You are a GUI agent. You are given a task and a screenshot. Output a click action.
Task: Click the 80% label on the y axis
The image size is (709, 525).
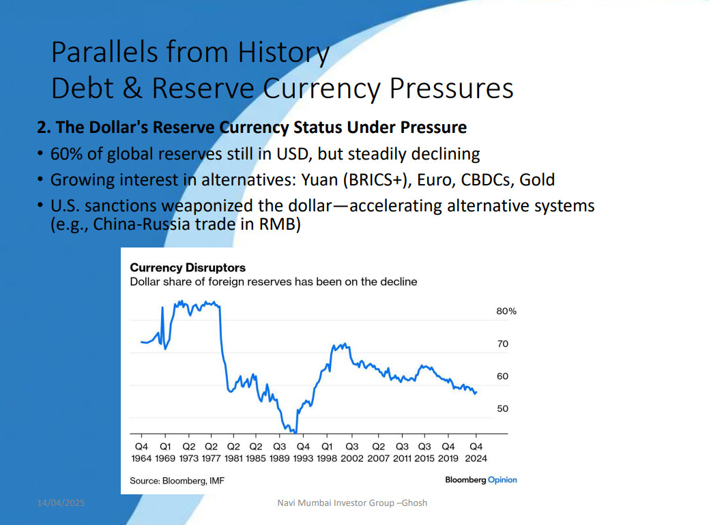(506, 312)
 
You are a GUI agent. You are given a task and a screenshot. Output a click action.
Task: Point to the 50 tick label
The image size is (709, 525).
(502, 409)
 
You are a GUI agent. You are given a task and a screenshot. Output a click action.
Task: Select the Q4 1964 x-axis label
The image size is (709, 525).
(141, 452)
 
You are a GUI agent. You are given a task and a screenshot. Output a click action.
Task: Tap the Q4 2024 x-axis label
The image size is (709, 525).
(476, 452)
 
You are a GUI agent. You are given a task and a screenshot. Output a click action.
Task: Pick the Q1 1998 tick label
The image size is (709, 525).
(327, 452)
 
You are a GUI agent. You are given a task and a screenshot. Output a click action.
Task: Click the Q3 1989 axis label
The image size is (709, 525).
(280, 452)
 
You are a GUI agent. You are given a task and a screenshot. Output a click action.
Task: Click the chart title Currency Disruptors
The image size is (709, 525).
(188, 267)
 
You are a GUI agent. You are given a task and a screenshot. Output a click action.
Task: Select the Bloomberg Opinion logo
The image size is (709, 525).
(480, 480)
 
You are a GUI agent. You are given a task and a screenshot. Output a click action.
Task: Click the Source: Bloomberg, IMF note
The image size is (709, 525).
(177, 481)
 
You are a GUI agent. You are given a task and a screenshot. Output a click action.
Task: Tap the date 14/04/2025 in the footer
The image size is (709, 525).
(61, 503)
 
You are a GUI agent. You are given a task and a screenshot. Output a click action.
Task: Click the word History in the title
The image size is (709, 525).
(283, 52)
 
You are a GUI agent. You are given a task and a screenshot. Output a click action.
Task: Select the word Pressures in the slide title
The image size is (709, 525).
(451, 88)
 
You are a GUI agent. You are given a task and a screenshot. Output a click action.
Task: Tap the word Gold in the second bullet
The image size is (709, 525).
(537, 180)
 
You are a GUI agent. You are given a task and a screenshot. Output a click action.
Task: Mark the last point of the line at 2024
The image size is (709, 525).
(476, 392)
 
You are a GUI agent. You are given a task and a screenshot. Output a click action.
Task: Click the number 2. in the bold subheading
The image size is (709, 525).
(44, 127)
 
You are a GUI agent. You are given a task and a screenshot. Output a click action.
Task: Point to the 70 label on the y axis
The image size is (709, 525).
(502, 344)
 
